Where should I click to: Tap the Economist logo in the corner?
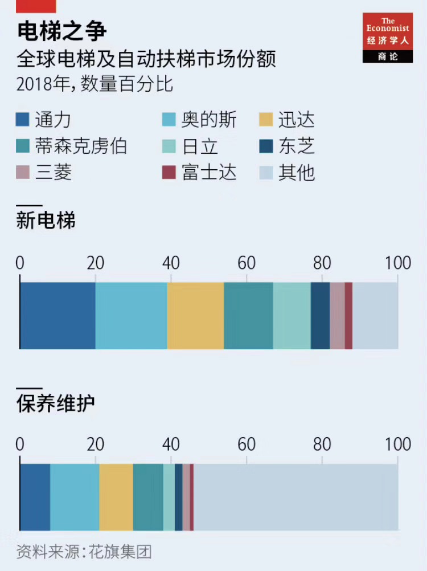coord(387,37)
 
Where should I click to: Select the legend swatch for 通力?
coord(23,120)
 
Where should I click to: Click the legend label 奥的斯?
coord(209,120)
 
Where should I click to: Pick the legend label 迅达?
coord(297,120)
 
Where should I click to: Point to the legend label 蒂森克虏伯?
coord(81,146)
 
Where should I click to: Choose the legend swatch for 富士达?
coord(169,172)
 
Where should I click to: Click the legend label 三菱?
coord(54,172)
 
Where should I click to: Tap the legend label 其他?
coord(297,172)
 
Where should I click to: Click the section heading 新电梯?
coord(46,221)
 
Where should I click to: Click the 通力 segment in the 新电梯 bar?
coord(58,315)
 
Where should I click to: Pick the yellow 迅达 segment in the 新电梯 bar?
coord(195,315)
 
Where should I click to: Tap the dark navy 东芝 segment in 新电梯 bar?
coord(320,315)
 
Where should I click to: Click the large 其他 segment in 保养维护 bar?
coord(296,497)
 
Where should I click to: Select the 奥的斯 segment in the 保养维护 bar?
coord(75,497)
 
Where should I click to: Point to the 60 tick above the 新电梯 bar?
coord(247,263)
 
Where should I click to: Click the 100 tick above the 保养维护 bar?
coord(398,444)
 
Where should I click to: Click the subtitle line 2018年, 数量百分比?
coord(95,84)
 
